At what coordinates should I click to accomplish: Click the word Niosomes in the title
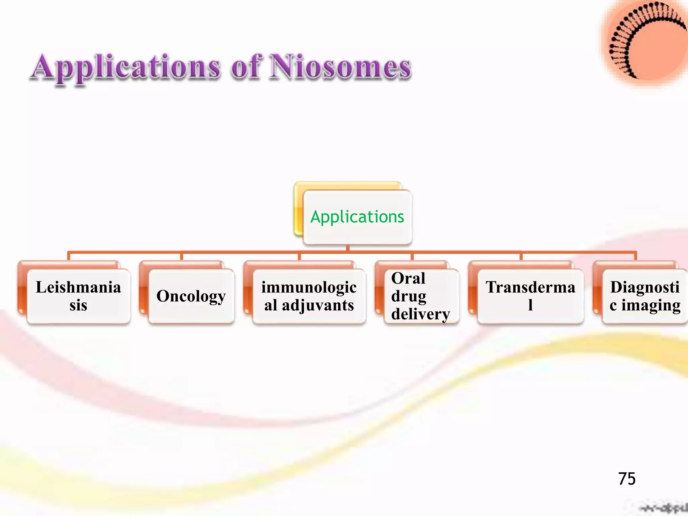[x=341, y=67]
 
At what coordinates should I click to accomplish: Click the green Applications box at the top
[x=357, y=217]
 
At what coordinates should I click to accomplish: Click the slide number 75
[x=627, y=479]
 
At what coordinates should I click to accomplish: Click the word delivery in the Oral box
[x=420, y=314]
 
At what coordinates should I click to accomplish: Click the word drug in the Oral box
[x=408, y=296]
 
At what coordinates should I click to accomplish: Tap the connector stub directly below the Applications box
[x=348, y=248]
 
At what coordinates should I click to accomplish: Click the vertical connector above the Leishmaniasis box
[x=69, y=256]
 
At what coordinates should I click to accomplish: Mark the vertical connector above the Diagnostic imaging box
[x=636, y=256]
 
